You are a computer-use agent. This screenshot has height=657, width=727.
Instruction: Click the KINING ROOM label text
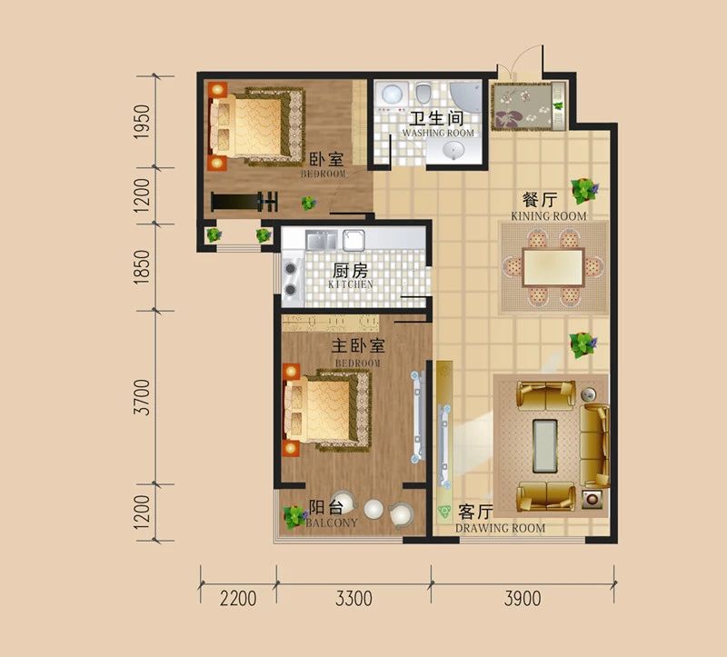pyautogui.click(x=548, y=216)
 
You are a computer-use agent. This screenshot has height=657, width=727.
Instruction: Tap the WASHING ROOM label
pyautogui.click(x=438, y=133)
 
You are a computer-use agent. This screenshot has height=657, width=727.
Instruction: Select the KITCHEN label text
pyautogui.click(x=350, y=284)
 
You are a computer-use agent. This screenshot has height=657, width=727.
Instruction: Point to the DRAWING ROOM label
pyautogui.click(x=500, y=528)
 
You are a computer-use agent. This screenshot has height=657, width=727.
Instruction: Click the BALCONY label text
pyautogui.click(x=332, y=523)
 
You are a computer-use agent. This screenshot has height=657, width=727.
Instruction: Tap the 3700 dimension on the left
pyautogui.click(x=141, y=397)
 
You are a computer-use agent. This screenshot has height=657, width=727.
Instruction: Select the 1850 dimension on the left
pyautogui.click(x=141, y=266)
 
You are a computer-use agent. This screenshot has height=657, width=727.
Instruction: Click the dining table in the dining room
pyautogui.click(x=553, y=267)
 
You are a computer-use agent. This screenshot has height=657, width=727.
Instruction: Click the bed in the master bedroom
pyautogui.click(x=327, y=410)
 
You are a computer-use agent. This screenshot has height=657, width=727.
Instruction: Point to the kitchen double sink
pyautogui.click(x=335, y=240)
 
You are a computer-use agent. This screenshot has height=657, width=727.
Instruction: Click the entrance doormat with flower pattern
pyautogui.click(x=525, y=107)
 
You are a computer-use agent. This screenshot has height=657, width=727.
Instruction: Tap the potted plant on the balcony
pyautogui.click(x=294, y=517)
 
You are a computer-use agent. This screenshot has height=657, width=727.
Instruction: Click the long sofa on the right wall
pyautogui.click(x=596, y=444)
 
